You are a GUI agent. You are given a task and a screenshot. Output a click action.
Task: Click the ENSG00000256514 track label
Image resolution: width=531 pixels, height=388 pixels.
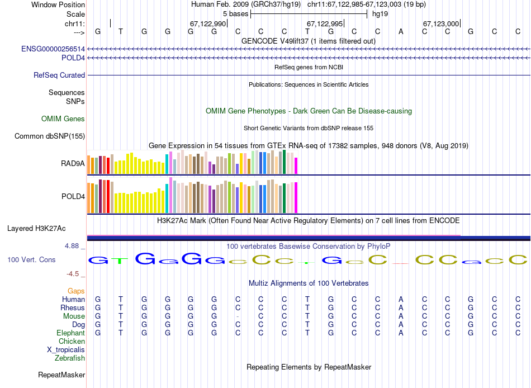pos(53,49)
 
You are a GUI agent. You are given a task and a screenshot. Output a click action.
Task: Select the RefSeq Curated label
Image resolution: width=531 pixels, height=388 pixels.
pos(59,75)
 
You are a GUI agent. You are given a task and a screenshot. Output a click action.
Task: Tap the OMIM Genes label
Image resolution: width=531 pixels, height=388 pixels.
pos(63,119)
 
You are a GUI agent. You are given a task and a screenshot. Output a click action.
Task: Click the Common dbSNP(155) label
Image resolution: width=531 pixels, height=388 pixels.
pos(50,136)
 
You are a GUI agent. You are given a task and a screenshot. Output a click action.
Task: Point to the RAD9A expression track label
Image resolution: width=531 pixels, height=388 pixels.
pos(73,164)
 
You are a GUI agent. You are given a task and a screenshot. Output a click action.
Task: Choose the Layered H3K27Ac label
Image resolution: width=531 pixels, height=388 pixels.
pos(36,228)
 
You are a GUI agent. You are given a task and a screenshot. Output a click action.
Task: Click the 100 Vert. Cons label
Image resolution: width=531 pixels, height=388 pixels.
pos(31,260)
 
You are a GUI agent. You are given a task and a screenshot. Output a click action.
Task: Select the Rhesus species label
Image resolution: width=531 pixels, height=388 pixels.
pos(73,308)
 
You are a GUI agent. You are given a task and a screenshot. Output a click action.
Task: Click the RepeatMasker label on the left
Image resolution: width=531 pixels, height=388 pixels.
pos(61,375)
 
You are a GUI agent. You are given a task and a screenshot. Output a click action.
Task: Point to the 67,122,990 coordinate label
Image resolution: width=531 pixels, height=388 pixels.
pos(208,23)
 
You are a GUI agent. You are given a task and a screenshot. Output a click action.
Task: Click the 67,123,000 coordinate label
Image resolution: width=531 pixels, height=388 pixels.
pos(441,23)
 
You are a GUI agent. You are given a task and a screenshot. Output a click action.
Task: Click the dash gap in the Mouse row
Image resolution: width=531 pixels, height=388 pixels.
pos(238,316)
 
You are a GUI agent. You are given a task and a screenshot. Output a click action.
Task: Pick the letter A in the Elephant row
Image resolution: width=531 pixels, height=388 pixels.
pos(401,333)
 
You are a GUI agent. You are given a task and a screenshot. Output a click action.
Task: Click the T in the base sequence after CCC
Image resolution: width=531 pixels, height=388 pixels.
pos(307,31)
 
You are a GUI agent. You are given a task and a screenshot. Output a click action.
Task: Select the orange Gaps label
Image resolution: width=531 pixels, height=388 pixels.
pos(76,291)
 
